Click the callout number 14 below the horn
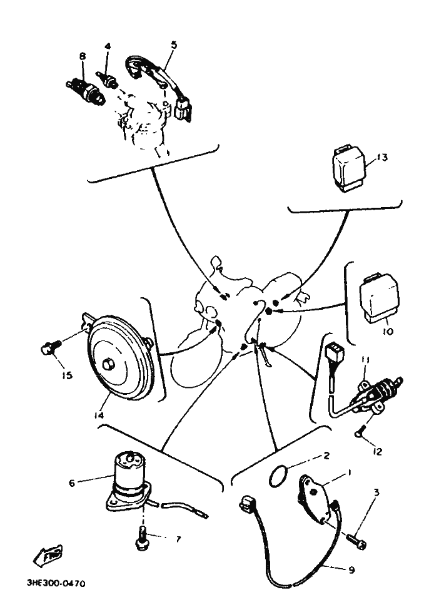point(99,416)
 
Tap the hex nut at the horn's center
point(107,364)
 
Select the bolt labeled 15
point(50,347)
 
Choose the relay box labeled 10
point(379,298)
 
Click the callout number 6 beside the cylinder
point(71,483)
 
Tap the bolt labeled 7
point(142,539)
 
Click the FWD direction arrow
point(47,556)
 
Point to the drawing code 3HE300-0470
point(56,584)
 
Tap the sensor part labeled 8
point(86,91)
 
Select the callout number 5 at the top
point(174,45)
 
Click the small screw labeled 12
point(359,433)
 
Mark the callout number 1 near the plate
point(349,472)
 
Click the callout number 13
point(382,158)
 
